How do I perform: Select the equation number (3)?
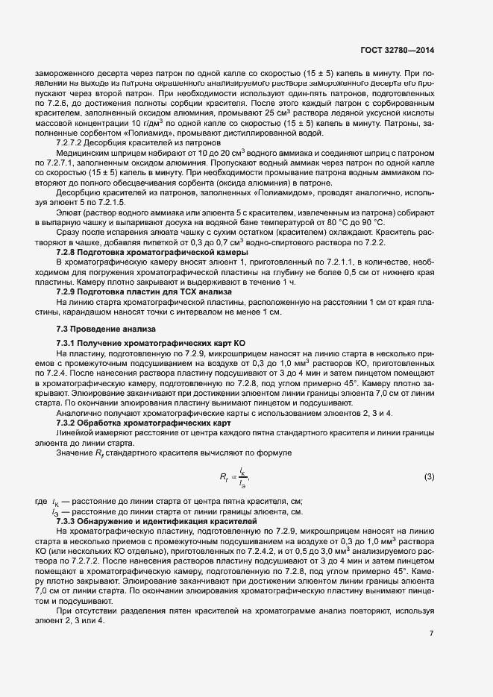[428, 476]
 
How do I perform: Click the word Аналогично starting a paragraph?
[80, 412]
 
